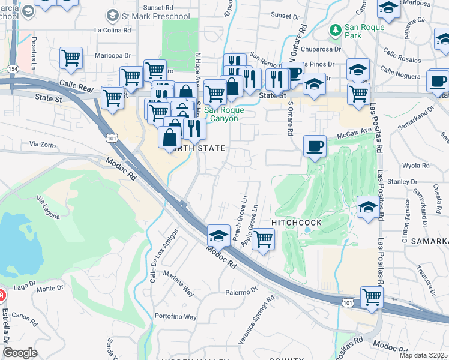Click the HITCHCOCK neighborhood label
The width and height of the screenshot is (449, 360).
click(297, 222)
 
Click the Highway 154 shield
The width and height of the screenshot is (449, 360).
click(13, 53)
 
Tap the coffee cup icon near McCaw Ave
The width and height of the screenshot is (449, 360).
click(315, 146)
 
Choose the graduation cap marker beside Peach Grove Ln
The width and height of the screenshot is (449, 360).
click(219, 235)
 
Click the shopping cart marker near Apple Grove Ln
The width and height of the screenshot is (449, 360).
click(263, 239)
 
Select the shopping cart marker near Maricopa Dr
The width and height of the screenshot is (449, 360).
click(71, 58)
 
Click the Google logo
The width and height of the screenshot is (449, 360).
click(20, 353)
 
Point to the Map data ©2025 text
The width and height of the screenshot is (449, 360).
click(423, 355)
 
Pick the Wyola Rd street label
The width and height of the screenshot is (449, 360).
click(416, 165)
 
